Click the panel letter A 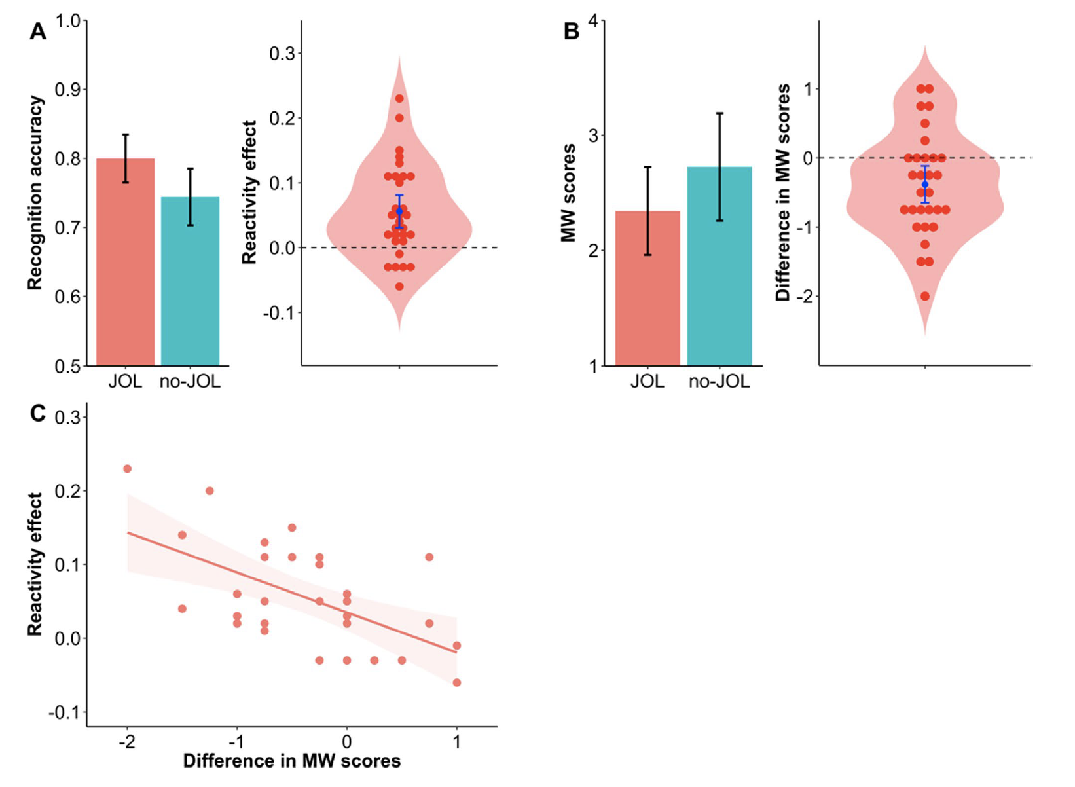tap(38, 31)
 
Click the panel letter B tap(572, 31)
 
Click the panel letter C tap(38, 414)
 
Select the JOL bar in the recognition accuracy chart tap(125, 262)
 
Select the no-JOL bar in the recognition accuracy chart tap(190, 282)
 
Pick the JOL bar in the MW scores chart tap(647, 288)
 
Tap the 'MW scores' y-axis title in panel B tap(568, 193)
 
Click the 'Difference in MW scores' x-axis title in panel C tap(291, 761)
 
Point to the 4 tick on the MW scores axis tap(592, 21)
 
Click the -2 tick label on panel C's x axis tap(128, 742)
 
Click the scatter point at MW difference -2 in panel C tap(128, 469)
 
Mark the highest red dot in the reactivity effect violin tap(399, 99)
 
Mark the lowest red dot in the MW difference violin tap(925, 297)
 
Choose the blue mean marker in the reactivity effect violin tap(399, 211)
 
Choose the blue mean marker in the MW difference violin tap(925, 185)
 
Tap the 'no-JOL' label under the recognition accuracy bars tap(190, 381)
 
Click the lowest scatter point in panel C tap(457, 682)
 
